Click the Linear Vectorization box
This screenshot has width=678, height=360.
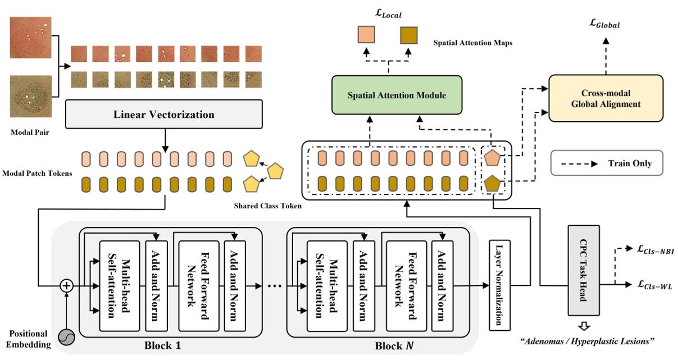coord(165,115)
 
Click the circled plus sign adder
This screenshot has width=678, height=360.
coord(67,286)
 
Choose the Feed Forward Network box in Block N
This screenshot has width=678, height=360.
coord(401,285)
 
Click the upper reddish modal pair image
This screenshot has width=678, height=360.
coord(31,38)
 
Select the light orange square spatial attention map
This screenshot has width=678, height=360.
coord(368,37)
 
